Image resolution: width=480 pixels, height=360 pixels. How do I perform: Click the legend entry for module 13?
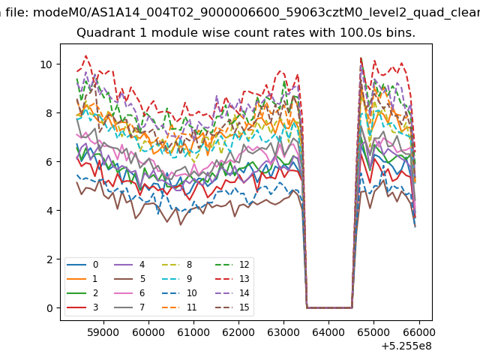(232, 279)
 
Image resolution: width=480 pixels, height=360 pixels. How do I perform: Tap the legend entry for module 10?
(179, 293)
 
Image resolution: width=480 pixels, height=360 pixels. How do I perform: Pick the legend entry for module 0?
(82, 265)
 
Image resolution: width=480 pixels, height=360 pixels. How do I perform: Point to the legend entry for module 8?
(177, 265)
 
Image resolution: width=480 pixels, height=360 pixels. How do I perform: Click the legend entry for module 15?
(232, 307)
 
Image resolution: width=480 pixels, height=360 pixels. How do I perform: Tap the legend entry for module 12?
(232, 265)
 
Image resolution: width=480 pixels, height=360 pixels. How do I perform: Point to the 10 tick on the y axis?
(58, 64)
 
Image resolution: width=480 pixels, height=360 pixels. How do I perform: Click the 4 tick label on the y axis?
(49, 211)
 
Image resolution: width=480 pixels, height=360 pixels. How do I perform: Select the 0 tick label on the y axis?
(49, 308)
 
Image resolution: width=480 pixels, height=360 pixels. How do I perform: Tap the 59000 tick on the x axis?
(103, 322)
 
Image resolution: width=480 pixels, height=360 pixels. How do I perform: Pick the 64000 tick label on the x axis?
(328, 332)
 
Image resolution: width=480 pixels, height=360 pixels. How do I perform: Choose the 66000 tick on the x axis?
(419, 322)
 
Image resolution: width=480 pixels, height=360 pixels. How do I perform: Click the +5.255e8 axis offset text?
(406, 346)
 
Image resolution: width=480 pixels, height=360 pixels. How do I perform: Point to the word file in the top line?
(18, 13)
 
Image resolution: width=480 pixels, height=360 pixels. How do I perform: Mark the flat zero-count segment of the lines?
(329, 307)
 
